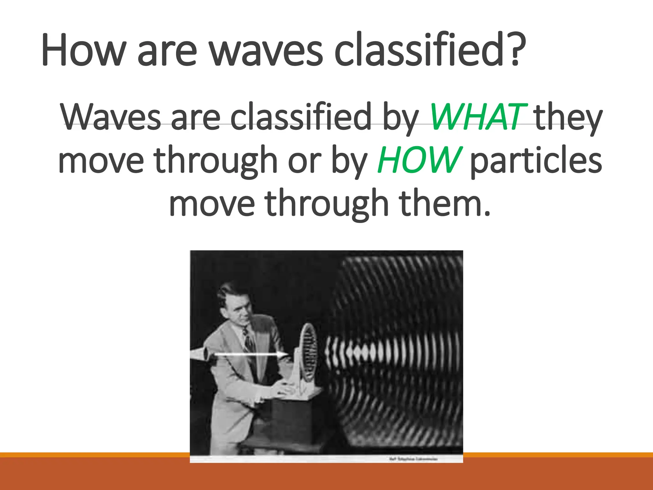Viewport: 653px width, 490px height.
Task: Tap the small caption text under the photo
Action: [x=413, y=459]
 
